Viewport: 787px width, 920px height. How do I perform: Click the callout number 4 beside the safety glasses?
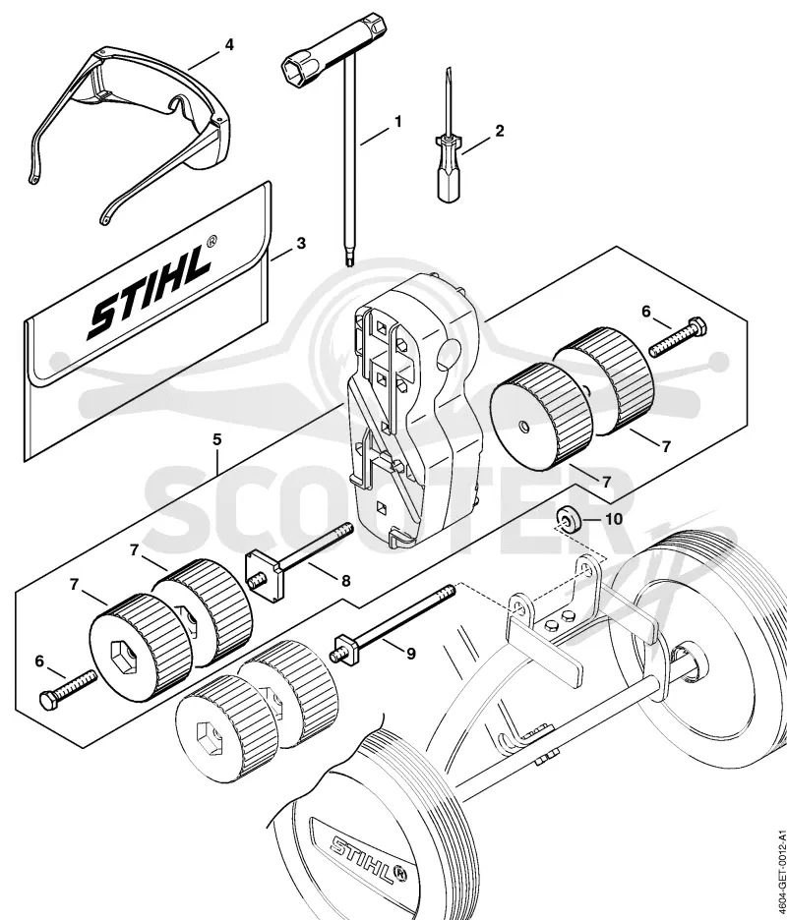pyautogui.click(x=229, y=44)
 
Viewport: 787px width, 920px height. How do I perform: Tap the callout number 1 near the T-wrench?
pyautogui.click(x=398, y=122)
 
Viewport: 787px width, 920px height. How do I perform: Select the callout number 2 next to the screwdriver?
pyautogui.click(x=499, y=131)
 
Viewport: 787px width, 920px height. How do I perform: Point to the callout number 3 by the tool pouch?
pyautogui.click(x=301, y=243)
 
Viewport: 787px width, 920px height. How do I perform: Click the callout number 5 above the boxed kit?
pyautogui.click(x=217, y=439)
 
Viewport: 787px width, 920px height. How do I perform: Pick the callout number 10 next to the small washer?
pyautogui.click(x=613, y=519)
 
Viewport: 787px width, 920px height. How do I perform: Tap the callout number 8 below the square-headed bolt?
pyautogui.click(x=346, y=581)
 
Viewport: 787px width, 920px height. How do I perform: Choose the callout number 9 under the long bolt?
pyautogui.click(x=411, y=653)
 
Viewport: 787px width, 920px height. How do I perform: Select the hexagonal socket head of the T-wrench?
pyautogui.click(x=301, y=66)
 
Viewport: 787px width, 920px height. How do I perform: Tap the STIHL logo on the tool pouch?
pyautogui.click(x=150, y=292)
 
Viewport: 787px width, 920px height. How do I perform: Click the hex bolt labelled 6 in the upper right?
pyautogui.click(x=679, y=337)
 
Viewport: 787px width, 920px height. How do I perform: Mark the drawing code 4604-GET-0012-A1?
pyautogui.click(x=780, y=874)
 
